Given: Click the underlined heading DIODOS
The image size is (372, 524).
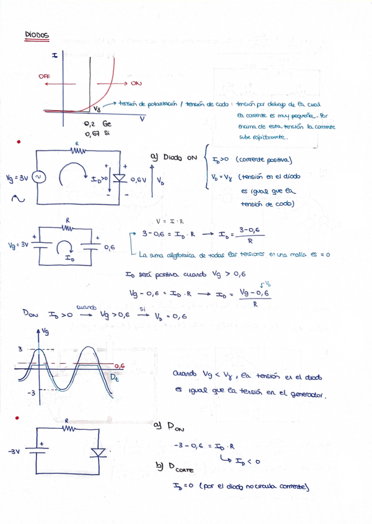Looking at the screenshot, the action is tap(37, 35).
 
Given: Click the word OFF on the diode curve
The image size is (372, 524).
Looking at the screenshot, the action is tap(45, 76).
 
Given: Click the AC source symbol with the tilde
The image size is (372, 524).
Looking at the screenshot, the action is tap(38, 178).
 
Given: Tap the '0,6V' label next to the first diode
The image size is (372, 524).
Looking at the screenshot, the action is tap(137, 180).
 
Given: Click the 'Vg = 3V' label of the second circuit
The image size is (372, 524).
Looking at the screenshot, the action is tap(17, 245).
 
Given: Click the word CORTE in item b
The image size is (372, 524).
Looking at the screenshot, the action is tap(175, 470).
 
